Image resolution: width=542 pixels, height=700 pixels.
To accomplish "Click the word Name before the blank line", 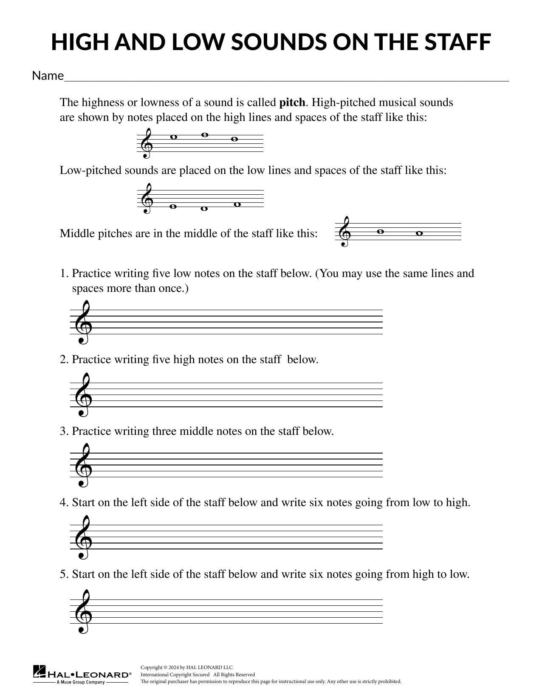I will pos(48,76).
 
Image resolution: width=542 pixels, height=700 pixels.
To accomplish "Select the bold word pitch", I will pos(292,103).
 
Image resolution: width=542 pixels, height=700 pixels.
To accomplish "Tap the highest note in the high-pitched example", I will pos(204,135).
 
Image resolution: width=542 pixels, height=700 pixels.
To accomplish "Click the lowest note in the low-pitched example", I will pos(204,209).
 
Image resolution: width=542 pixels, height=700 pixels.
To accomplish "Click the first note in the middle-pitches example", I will pos(380,232).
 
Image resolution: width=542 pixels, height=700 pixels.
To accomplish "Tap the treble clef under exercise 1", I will pos(82,322).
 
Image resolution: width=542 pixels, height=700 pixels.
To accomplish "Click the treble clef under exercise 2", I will pos(82,395).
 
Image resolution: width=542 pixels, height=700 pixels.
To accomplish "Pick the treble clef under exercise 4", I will pos(82,537).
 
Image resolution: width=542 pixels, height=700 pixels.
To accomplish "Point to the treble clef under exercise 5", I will pos(82,611).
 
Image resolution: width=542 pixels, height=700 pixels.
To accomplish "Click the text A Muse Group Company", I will pos(81,683).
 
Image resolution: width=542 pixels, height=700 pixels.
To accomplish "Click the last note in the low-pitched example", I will pos(237,204).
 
